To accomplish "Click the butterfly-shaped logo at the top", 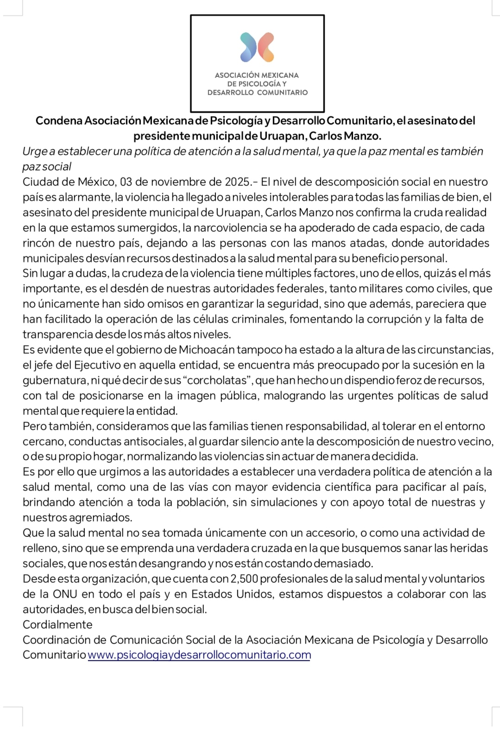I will coord(257,47).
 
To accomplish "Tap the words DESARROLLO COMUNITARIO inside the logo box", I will coord(257,92).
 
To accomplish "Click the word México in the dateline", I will coord(96,182).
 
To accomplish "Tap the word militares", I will coord(379,288).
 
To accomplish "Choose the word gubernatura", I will coord(55,380).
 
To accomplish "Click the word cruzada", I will coord(271,548).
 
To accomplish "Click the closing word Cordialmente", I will coord(57,625).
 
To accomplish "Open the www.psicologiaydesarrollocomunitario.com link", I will coord(199,655).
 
